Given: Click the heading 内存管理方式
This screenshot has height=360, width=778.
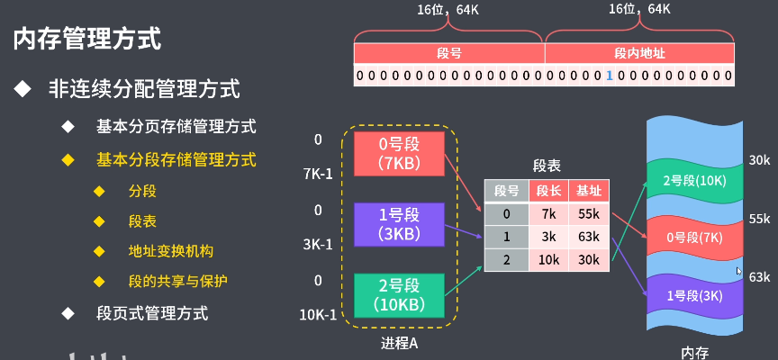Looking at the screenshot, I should tap(87, 39).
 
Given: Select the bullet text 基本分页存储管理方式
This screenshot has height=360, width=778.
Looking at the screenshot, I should tap(176, 126).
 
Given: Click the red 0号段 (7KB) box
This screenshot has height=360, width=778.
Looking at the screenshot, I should tap(399, 153).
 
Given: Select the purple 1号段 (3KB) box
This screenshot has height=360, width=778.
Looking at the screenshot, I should tap(399, 224).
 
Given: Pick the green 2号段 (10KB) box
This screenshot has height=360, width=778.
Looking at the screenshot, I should tap(399, 295).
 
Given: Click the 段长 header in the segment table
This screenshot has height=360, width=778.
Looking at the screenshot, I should tap(548, 191).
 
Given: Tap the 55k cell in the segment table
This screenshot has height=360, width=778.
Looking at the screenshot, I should tap(589, 214).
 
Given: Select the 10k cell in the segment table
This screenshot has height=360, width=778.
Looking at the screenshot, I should tap(548, 260).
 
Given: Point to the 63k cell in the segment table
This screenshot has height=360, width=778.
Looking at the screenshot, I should tap(589, 237).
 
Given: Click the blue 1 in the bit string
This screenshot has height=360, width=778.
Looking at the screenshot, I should tap(609, 76).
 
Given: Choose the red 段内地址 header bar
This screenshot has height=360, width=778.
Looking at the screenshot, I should tap(638, 53).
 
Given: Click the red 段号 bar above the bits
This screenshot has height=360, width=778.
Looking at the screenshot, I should tap(449, 53).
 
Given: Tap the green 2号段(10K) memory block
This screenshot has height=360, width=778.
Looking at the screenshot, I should tap(693, 180).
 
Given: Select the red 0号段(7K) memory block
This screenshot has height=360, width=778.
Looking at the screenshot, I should tap(693, 237).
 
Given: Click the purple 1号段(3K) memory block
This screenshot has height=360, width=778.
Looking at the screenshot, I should tap(693, 294).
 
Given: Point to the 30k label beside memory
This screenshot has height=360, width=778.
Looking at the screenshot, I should tap(759, 160).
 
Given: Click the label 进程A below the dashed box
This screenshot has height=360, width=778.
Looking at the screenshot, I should tap(399, 344).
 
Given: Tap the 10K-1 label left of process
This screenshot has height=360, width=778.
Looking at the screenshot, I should tap(318, 314).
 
